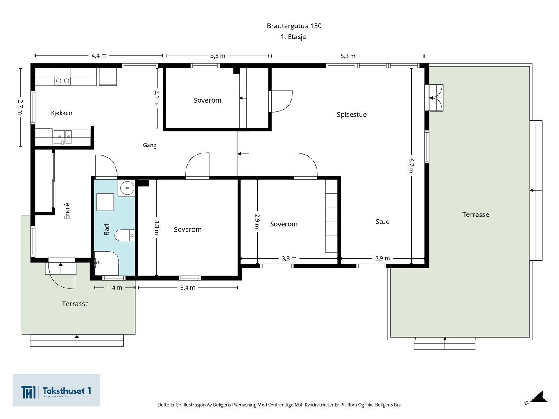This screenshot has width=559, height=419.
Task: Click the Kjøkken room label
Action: tap(61, 113)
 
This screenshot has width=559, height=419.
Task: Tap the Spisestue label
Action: tap(351, 115)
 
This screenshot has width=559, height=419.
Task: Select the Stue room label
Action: tap(382, 222)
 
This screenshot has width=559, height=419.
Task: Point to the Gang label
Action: tap(149, 145)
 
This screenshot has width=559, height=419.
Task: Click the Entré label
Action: tap(67, 211)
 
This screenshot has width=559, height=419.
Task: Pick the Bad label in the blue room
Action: tap(107, 230)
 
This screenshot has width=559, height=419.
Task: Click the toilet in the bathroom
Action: tap(124, 235)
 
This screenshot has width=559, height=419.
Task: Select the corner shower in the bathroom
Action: tap(106, 263)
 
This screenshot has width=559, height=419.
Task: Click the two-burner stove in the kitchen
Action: tap(62, 81)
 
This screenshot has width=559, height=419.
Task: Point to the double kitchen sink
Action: tap(62, 137)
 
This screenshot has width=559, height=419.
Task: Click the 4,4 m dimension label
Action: tap(99, 56)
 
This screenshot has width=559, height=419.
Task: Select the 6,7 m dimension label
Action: tap(411, 166)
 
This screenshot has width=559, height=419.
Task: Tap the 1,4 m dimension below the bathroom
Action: tap(115, 288)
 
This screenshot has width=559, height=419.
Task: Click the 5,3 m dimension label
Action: tap(348, 56)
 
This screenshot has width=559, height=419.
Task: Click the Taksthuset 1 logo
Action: tap(56, 390)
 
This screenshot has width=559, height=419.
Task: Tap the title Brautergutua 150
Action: tap(294, 26)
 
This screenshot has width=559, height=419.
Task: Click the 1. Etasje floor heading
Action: tap(293, 37)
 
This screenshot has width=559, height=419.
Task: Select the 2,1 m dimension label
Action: tap(157, 98)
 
